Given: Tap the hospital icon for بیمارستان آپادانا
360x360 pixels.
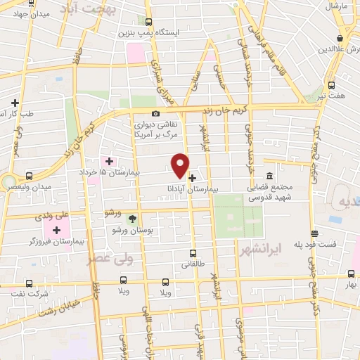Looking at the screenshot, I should click(x=192, y=178).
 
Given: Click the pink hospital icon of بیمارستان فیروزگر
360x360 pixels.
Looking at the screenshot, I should click(x=56, y=230).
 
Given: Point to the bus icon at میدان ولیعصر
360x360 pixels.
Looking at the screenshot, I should click(x=29, y=176).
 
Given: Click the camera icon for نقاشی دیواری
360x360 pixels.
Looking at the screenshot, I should click(x=155, y=114).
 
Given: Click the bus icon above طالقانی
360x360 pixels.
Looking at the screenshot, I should click(x=193, y=253).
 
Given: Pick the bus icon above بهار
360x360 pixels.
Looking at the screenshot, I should click(x=350, y=274).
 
